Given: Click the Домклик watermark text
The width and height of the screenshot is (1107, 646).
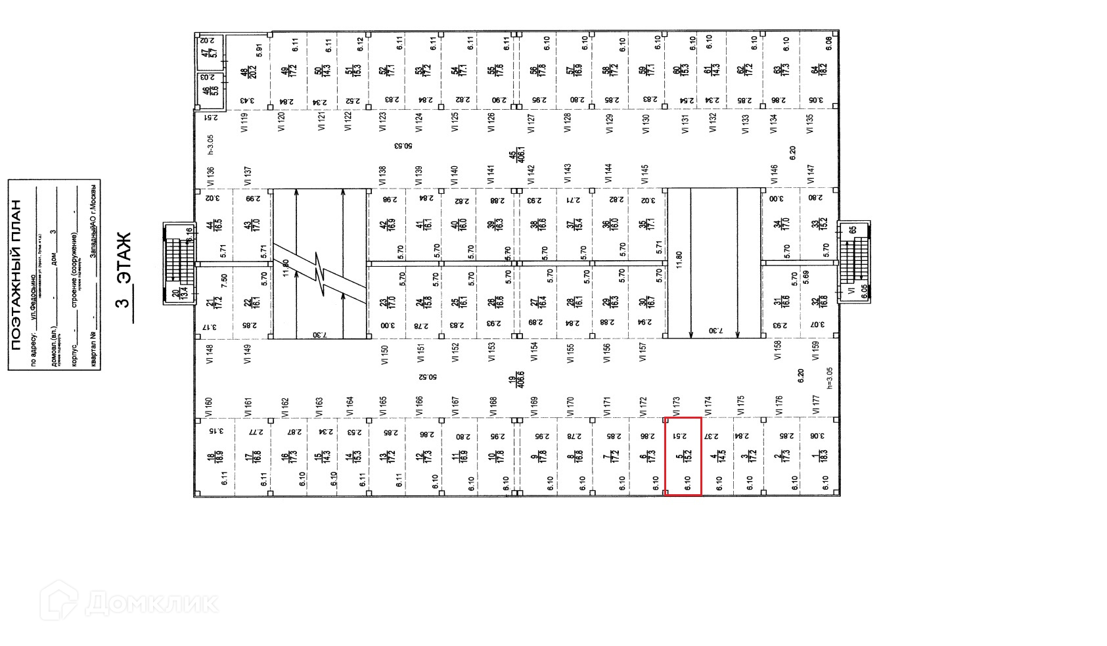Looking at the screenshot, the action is (x=151, y=602).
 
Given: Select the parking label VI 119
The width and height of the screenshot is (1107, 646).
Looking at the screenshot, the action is (x=245, y=122).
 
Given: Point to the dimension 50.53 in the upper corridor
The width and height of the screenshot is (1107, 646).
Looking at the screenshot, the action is (x=403, y=146).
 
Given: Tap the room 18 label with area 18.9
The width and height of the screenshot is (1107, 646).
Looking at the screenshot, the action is (x=210, y=457).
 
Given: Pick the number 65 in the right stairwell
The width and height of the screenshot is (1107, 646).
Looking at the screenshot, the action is (x=853, y=230).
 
